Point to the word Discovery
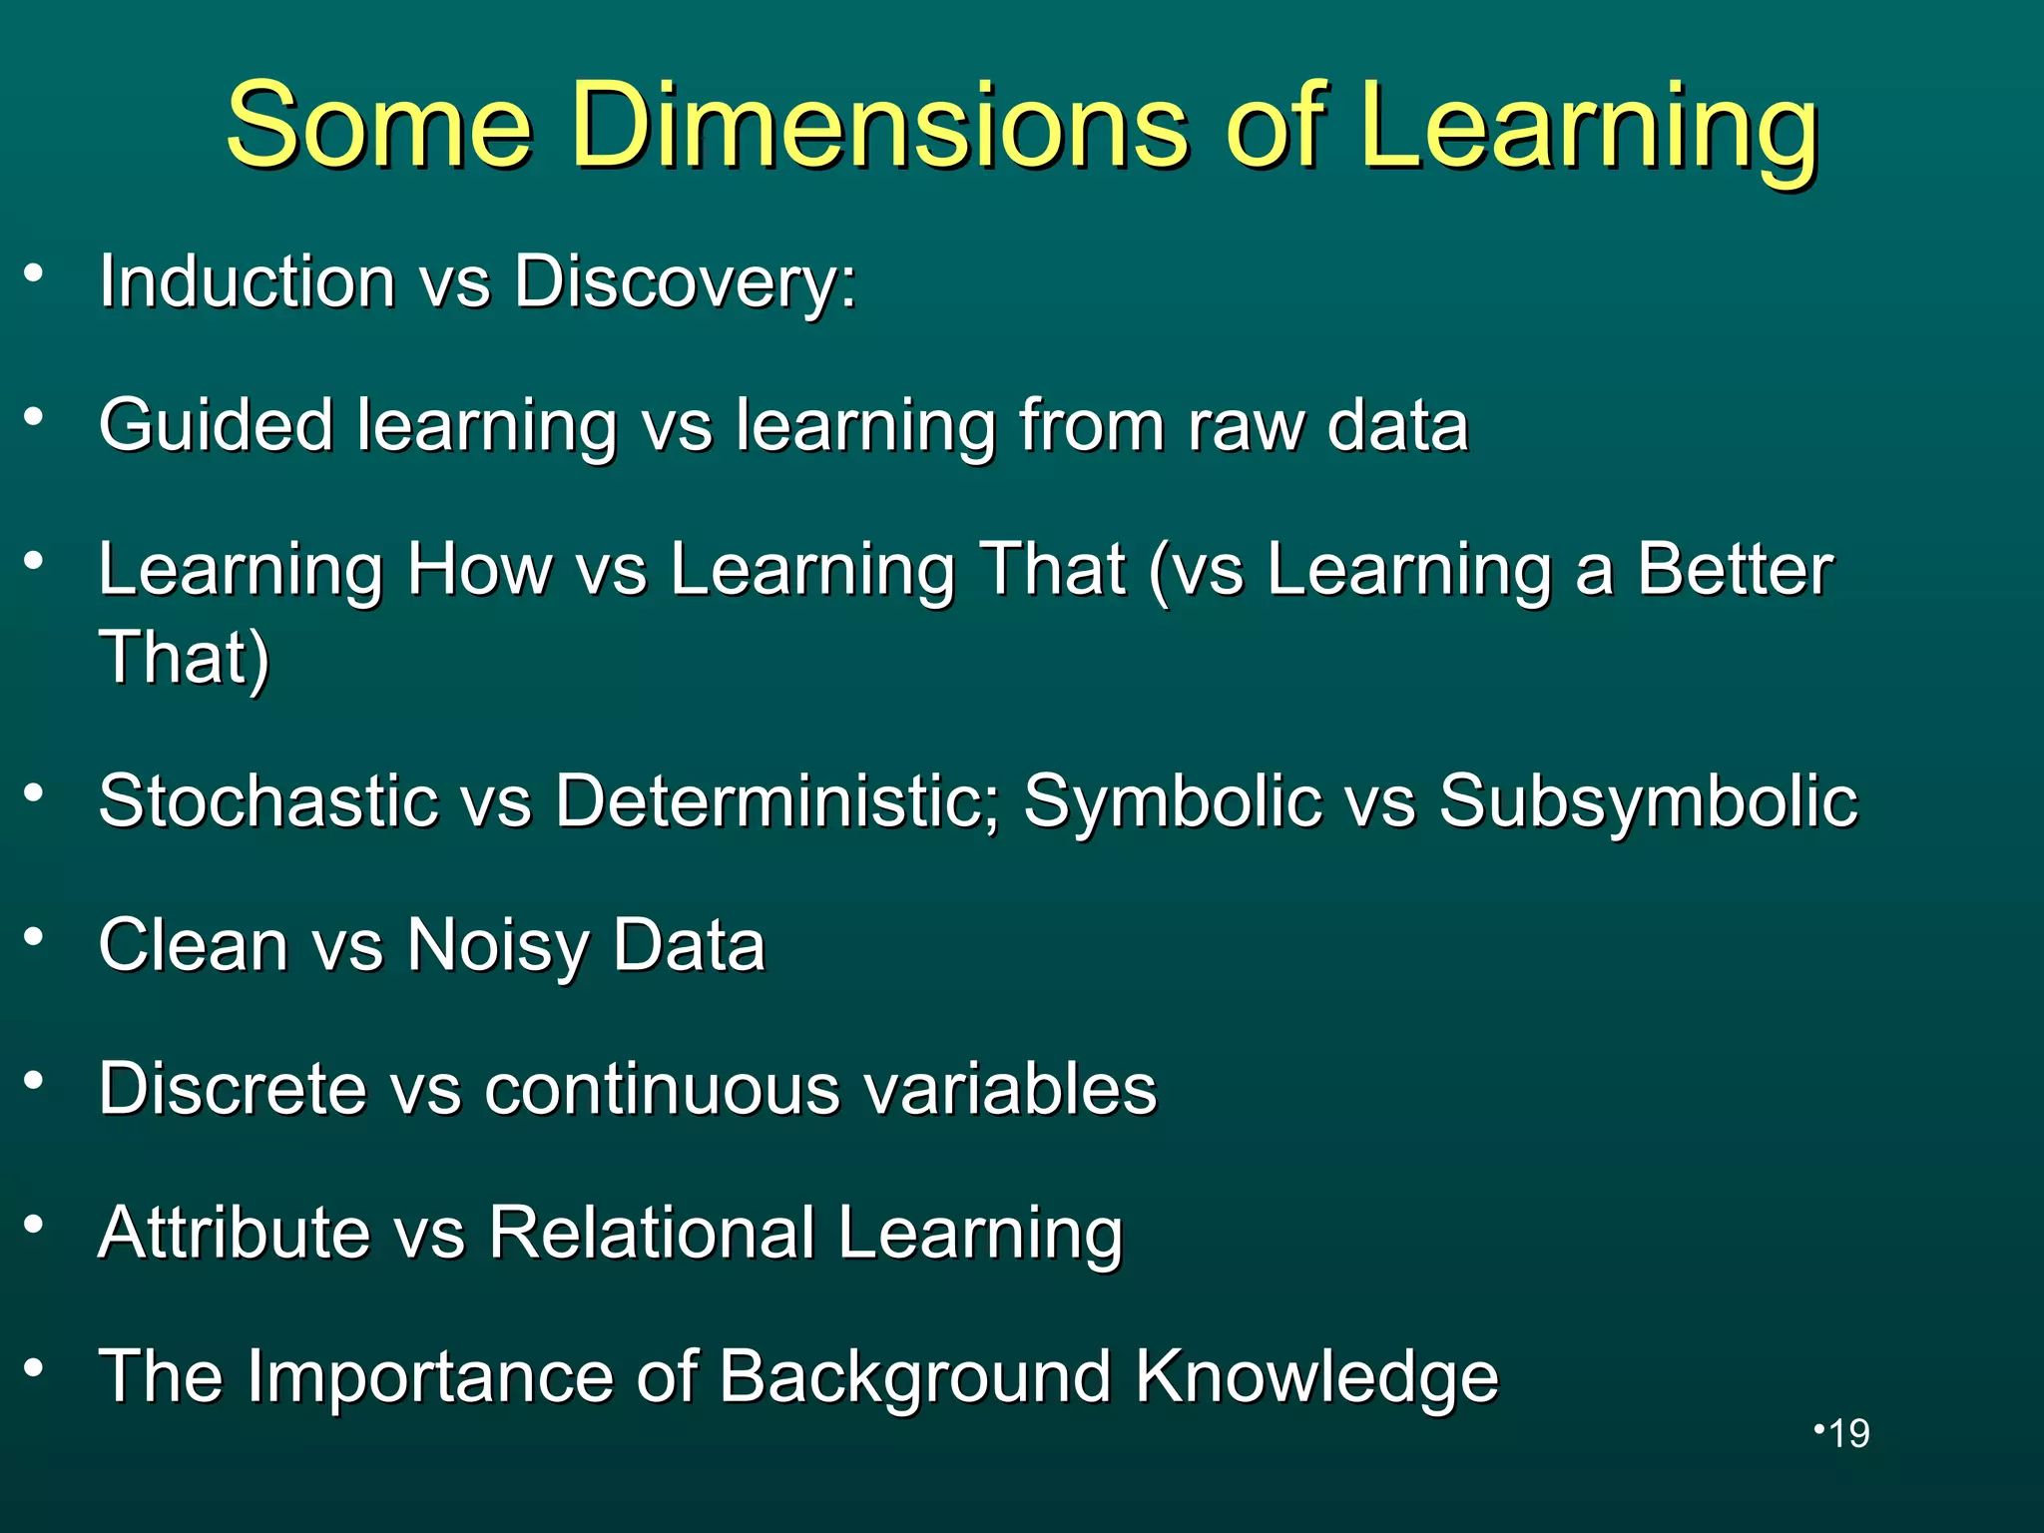coord(685,283)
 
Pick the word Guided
coord(216,426)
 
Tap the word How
coord(479,570)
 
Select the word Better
coord(1735,570)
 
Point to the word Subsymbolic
coord(1648,802)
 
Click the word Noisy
coord(498,946)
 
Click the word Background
coord(914,1377)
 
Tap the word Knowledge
coord(1316,1377)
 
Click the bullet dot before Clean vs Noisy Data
coord(35,936)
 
